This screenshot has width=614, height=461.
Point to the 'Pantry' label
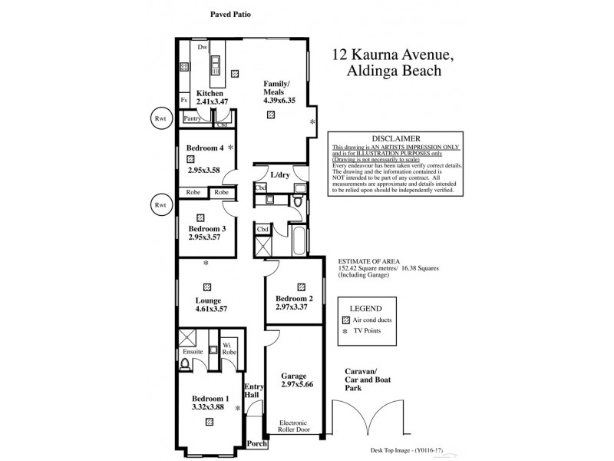(192, 118)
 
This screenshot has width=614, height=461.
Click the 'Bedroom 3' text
(206, 228)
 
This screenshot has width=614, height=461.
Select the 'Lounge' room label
(208, 300)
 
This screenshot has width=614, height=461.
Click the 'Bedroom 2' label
(295, 298)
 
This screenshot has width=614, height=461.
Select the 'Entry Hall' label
(254, 391)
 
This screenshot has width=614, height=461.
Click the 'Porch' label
(257, 443)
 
